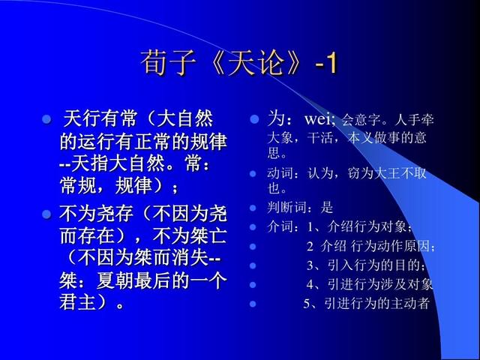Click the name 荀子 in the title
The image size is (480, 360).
pos(168,63)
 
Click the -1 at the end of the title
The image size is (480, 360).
pos(326,63)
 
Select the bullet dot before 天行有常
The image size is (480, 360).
pos(46,119)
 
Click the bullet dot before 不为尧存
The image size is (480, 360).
pos(46,214)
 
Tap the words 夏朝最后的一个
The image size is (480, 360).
pos(162,281)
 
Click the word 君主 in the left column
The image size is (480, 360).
pos(78,301)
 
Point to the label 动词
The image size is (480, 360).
pos(280,173)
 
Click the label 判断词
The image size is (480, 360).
pos(286,208)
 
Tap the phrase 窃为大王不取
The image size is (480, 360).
pos(387,173)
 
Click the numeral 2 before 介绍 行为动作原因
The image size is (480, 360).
pos(310,247)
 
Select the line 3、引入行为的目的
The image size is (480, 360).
pos(366,265)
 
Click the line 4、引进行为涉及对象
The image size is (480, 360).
pos(369,284)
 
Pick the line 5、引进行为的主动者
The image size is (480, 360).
pos(366,303)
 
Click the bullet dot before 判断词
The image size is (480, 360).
pos(253,208)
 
